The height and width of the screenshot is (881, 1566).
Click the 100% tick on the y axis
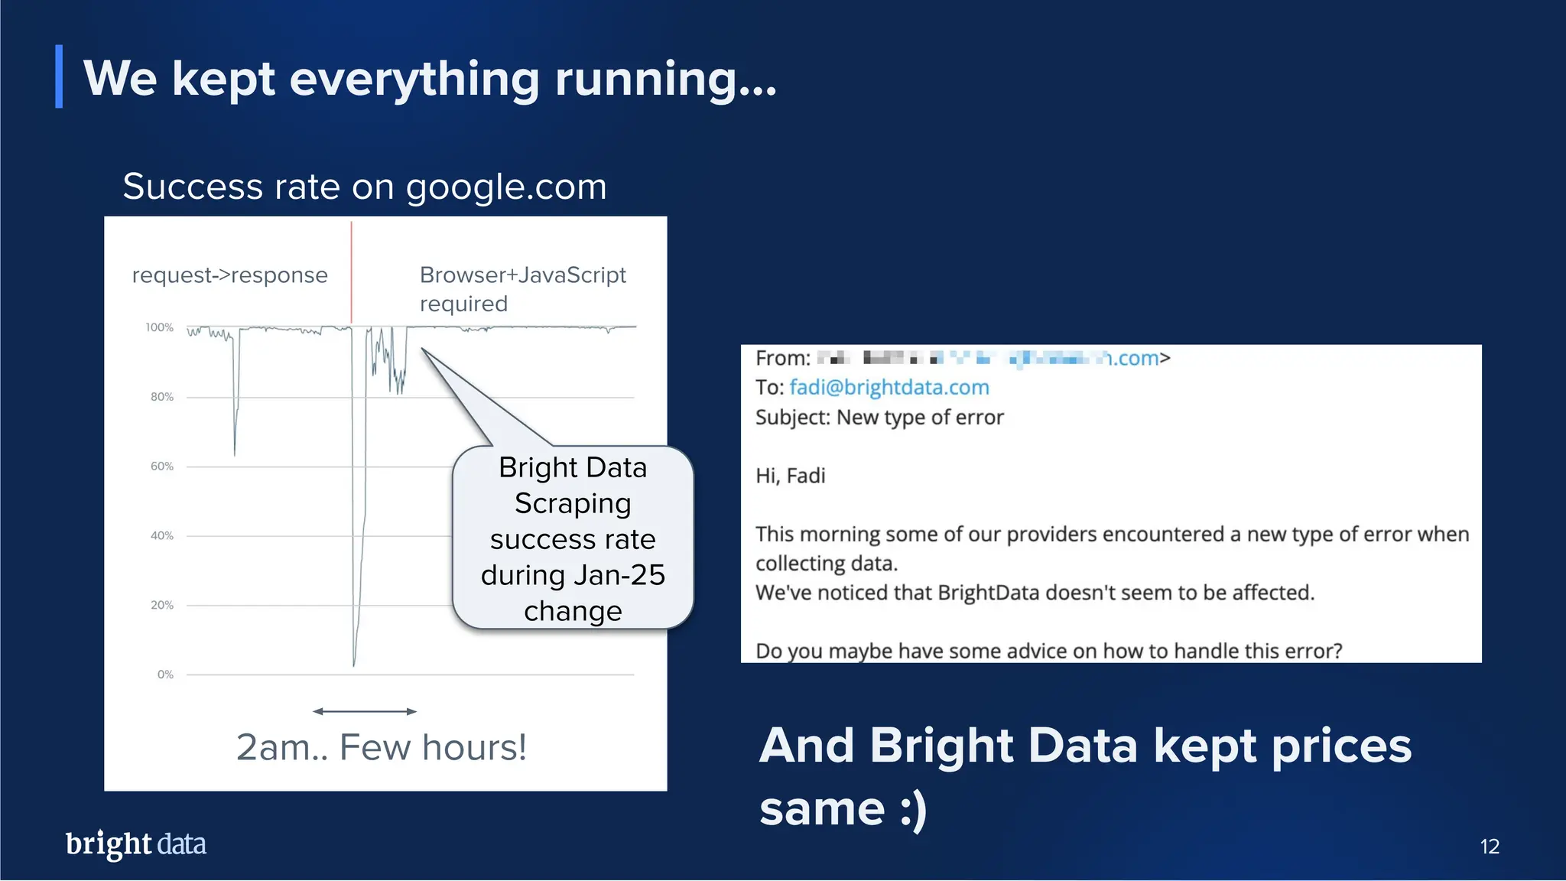[x=160, y=327]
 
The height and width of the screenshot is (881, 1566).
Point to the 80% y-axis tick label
[x=161, y=397]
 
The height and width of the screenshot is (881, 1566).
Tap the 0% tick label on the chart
[x=165, y=675]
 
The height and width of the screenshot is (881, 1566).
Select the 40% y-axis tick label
[x=161, y=536]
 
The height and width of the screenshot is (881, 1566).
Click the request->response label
[x=229, y=275]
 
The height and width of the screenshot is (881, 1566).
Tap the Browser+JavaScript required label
[x=522, y=289]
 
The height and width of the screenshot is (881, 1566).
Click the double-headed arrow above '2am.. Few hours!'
[x=365, y=711]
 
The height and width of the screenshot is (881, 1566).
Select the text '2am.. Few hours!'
[x=381, y=747]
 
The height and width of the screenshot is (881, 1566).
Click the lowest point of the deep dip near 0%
[x=354, y=664]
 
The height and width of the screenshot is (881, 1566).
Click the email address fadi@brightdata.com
[x=889, y=388]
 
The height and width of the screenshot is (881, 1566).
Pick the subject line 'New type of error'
[x=920, y=418]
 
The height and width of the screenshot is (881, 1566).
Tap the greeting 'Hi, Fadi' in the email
[x=791, y=476]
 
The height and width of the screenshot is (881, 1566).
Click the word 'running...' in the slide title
[x=665, y=79]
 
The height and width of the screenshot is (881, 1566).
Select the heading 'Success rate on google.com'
[x=365, y=187]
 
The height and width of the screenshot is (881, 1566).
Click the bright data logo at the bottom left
[x=136, y=844]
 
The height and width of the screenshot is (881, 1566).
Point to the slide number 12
[x=1490, y=847]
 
